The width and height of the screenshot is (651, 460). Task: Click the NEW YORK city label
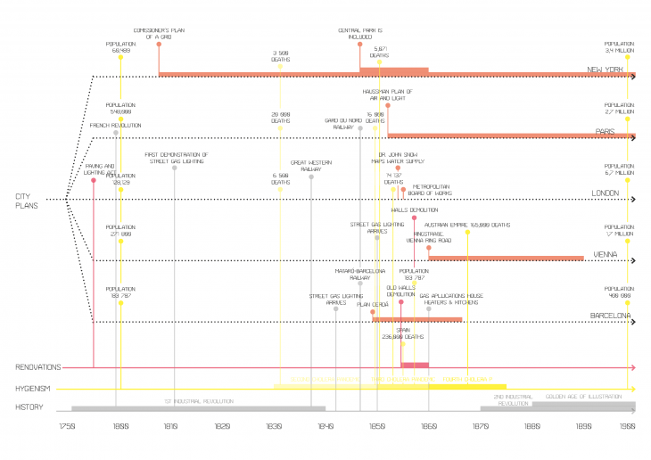(604, 70)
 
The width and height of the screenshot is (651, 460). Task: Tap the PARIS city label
(606, 131)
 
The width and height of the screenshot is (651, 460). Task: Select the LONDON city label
(605, 193)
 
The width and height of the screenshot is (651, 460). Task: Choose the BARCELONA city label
(611, 316)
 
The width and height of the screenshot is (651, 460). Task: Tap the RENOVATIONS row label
(37, 366)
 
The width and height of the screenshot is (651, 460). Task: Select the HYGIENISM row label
(34, 389)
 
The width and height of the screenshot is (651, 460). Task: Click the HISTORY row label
(29, 407)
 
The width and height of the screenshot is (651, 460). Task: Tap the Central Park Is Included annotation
(360, 33)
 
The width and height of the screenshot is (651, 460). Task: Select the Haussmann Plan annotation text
(387, 94)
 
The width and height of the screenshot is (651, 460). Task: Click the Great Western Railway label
(311, 165)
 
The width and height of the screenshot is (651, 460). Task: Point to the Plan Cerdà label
(373, 304)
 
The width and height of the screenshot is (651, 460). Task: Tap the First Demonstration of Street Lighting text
(177, 157)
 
